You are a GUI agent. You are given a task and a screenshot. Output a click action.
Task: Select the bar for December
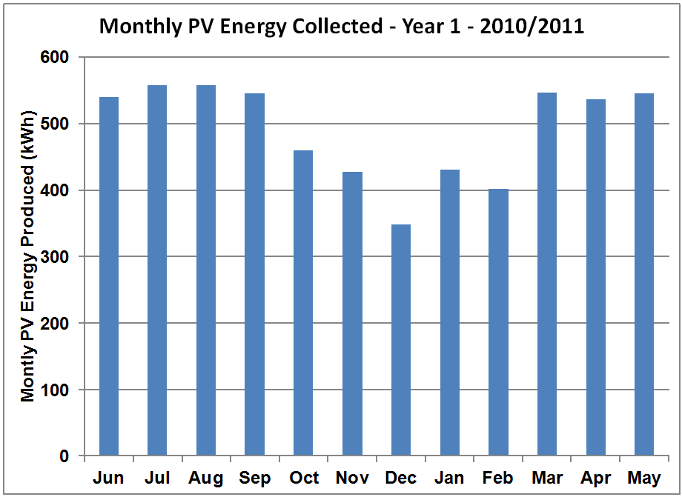(400, 340)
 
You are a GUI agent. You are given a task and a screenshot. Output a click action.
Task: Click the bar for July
(157, 270)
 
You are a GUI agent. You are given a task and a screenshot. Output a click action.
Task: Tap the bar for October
(303, 303)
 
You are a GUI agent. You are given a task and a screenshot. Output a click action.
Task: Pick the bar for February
(498, 322)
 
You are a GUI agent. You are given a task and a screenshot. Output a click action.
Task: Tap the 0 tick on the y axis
(64, 456)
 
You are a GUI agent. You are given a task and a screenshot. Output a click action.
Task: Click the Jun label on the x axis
(108, 478)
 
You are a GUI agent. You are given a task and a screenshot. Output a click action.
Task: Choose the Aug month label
(205, 478)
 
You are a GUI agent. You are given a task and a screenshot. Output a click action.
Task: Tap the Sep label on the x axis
(254, 478)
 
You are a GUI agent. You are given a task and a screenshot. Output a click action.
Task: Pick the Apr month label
(595, 478)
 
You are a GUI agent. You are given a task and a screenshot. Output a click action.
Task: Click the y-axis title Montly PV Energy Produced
(28, 256)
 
